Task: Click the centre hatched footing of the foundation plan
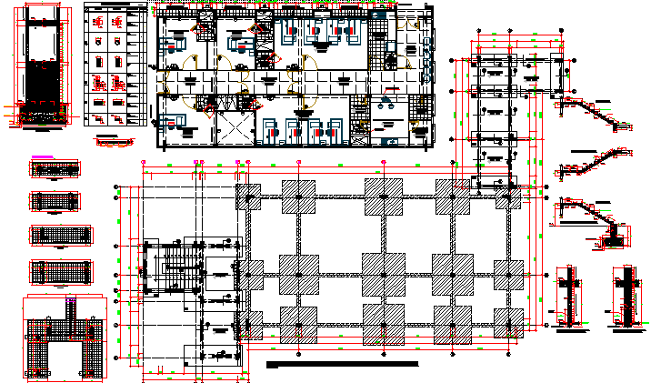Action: coord(384,273)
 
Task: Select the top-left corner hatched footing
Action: coord(249,197)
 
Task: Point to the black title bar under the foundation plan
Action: coord(343,364)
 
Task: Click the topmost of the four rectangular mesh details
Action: coord(61,168)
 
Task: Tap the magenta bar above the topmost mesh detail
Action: coord(55,156)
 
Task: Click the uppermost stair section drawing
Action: coord(596,114)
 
